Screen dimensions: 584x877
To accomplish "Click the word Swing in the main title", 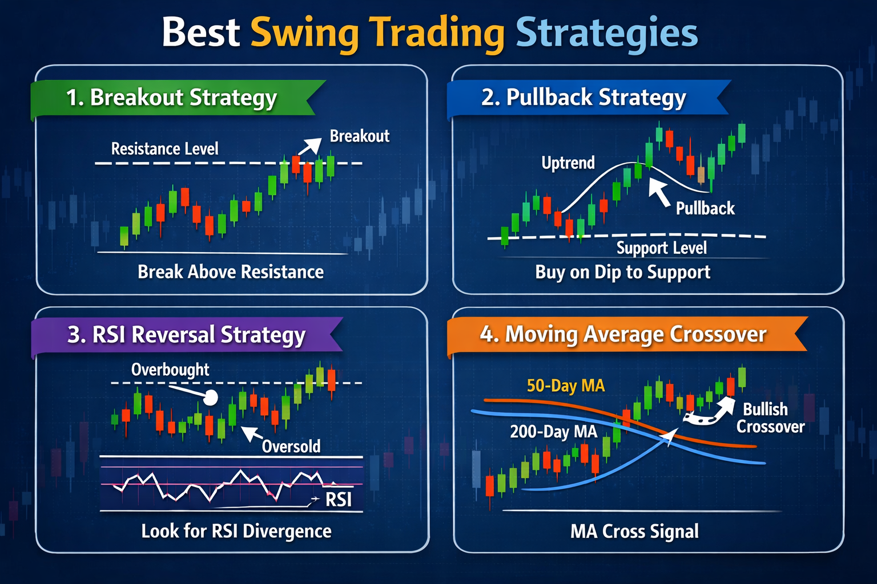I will click(304, 33).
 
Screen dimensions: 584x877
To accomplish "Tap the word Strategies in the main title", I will click(606, 33).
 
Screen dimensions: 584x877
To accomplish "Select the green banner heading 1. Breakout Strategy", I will click(171, 98).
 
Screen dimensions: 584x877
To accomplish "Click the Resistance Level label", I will click(164, 149).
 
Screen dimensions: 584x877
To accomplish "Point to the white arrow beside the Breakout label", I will click(309, 147).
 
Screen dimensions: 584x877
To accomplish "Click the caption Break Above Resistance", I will click(231, 272).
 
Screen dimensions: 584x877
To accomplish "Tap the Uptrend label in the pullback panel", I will click(568, 163).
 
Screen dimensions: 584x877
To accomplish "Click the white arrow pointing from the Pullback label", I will click(659, 192).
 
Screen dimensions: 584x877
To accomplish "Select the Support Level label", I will click(661, 248).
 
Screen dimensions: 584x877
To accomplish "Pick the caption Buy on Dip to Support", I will click(622, 273).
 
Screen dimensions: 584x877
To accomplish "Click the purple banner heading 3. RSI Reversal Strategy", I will click(186, 335).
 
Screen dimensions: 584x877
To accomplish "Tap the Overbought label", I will click(170, 370).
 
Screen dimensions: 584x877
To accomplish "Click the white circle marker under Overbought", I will click(211, 398).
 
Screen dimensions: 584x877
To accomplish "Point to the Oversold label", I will click(291, 447).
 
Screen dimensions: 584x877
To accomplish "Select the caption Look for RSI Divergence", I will click(236, 532).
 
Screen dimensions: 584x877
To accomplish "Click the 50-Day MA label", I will click(565, 386).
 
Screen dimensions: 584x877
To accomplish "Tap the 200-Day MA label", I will click(553, 432).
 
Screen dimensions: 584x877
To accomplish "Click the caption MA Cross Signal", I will click(634, 532).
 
